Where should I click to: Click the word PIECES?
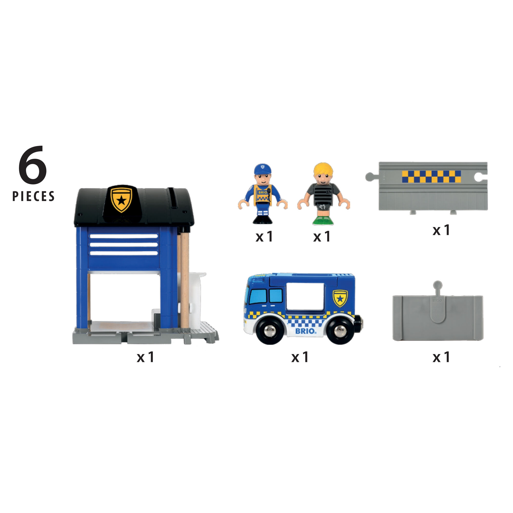(33, 196)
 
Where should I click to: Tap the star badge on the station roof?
(121, 199)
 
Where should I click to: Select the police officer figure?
(263, 194)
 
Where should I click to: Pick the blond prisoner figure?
(323, 194)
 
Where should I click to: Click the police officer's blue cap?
(263, 169)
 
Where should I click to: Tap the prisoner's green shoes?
(323, 221)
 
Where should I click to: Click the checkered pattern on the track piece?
(431, 176)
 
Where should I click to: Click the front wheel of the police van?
(270, 331)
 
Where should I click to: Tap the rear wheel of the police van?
(340, 331)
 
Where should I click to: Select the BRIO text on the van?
(306, 331)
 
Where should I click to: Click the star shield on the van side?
(340, 299)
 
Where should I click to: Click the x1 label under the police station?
(145, 357)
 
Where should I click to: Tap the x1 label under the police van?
(300, 357)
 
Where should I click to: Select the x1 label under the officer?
(264, 236)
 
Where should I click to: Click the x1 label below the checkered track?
(441, 230)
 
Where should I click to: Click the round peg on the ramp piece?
(437, 285)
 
